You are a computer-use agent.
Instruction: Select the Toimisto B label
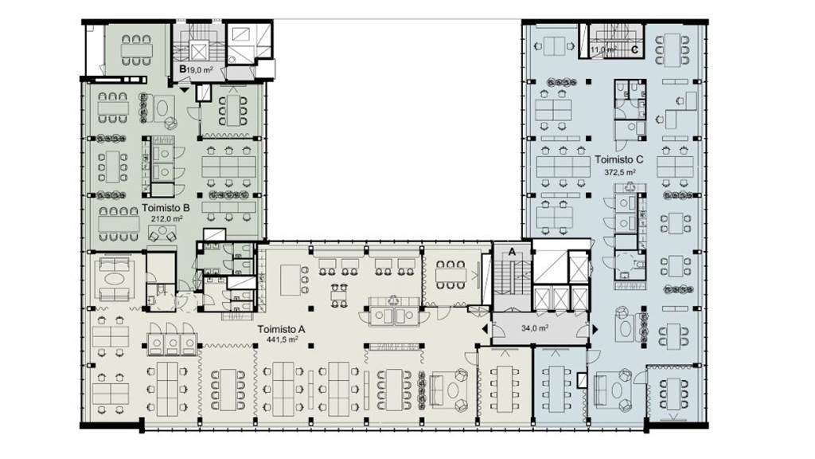pos(165,207)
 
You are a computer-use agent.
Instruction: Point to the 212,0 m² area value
pos(167,217)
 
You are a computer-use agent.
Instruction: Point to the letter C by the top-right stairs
pos(634,49)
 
